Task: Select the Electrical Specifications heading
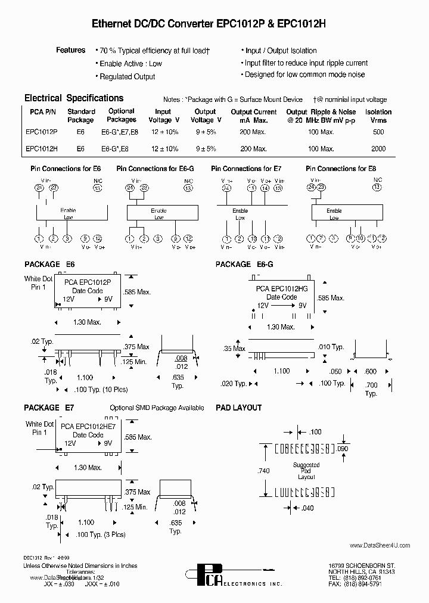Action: coord(74,98)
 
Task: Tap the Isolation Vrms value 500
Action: coord(378,132)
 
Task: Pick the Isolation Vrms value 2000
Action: coord(378,148)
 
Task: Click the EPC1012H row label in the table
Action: coord(42,148)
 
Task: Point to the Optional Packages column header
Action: coord(122,115)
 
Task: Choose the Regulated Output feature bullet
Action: coord(127,77)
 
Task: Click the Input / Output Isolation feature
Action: coord(281,51)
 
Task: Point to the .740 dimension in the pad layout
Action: coord(264,471)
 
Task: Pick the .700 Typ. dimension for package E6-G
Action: coord(371,390)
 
